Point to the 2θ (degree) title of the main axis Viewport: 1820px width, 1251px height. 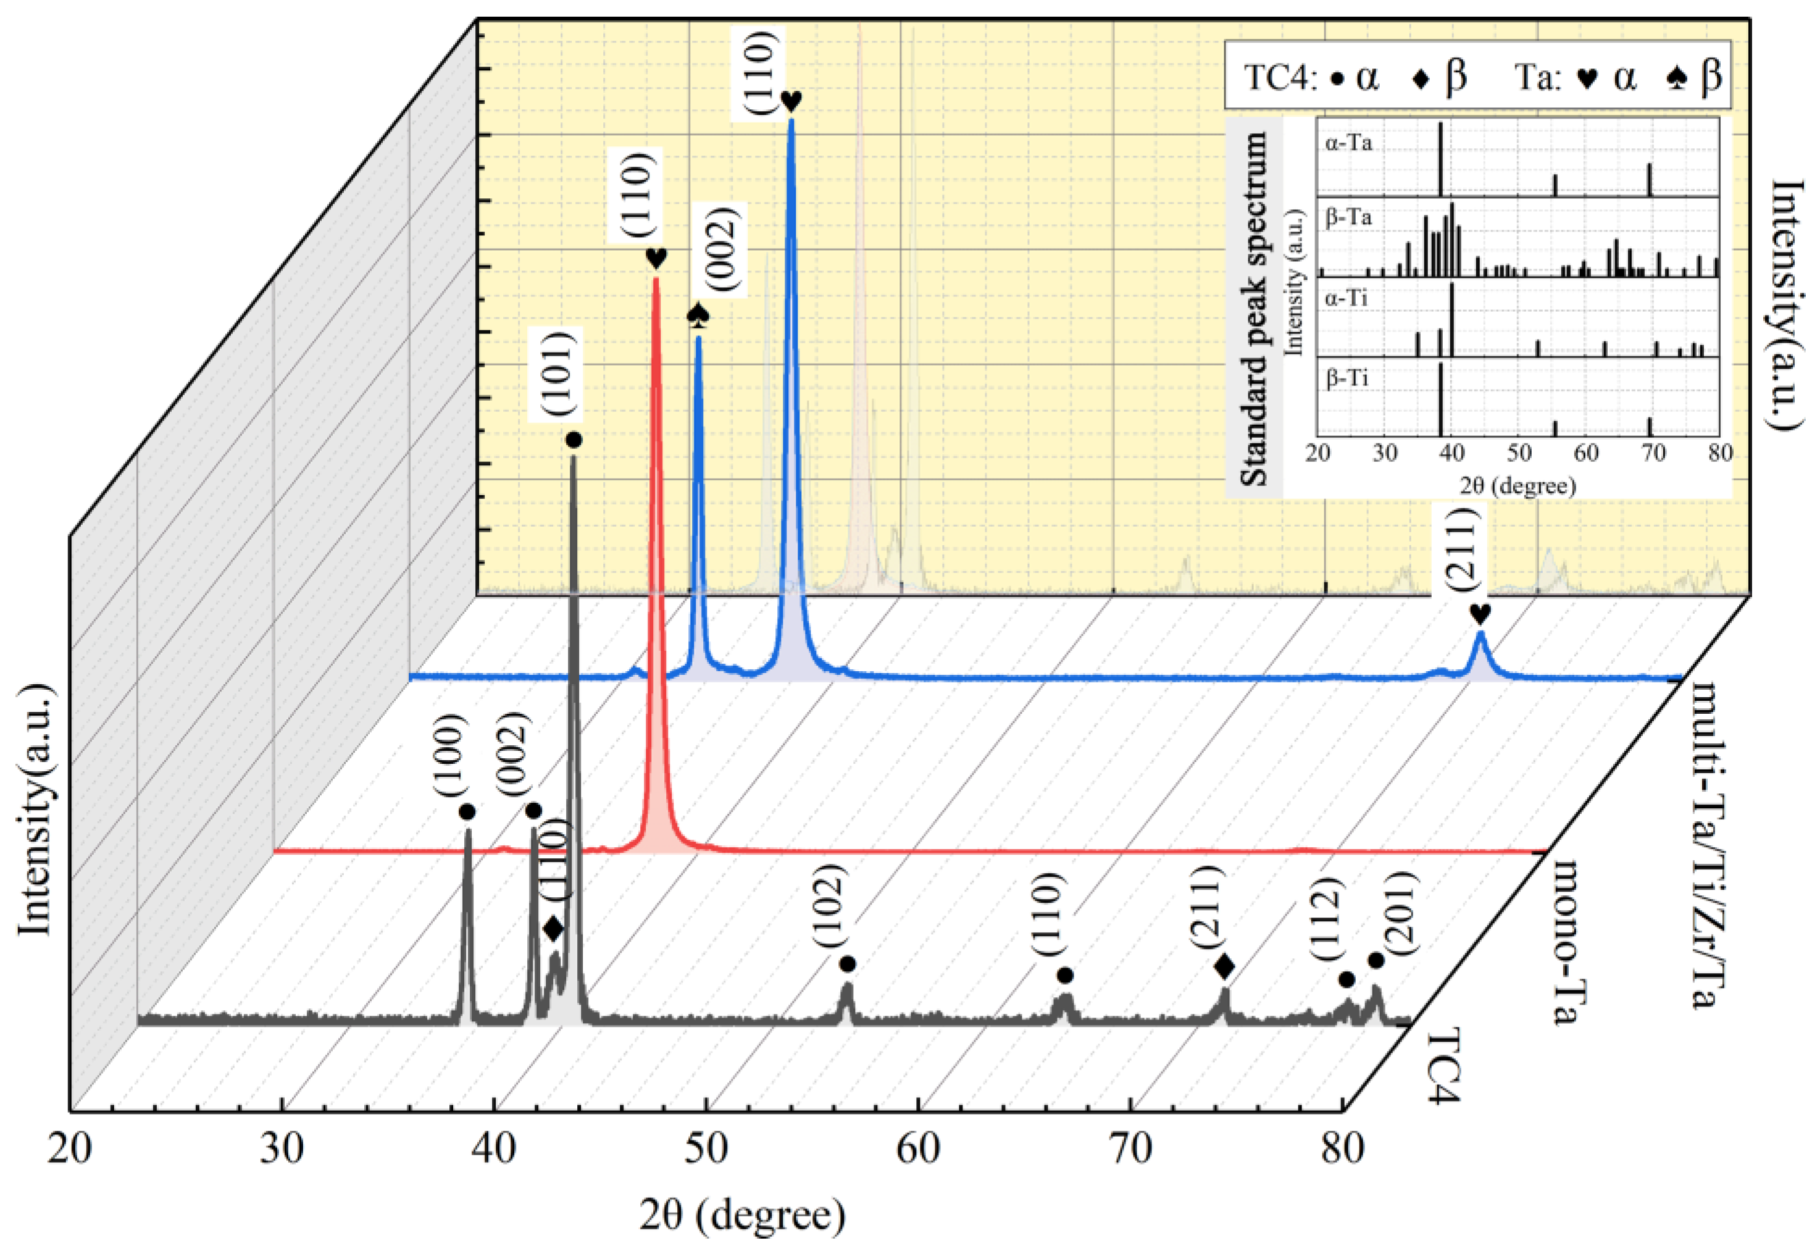(742, 1215)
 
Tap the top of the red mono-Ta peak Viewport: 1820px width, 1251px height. (656, 280)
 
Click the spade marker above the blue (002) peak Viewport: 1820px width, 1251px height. (698, 315)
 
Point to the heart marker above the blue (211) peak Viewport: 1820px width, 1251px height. (1480, 613)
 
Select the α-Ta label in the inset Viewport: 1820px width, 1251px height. (1349, 143)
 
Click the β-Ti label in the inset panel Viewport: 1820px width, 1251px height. (1348, 379)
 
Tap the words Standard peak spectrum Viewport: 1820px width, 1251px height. (1254, 309)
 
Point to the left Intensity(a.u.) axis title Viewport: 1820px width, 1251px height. (35, 811)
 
